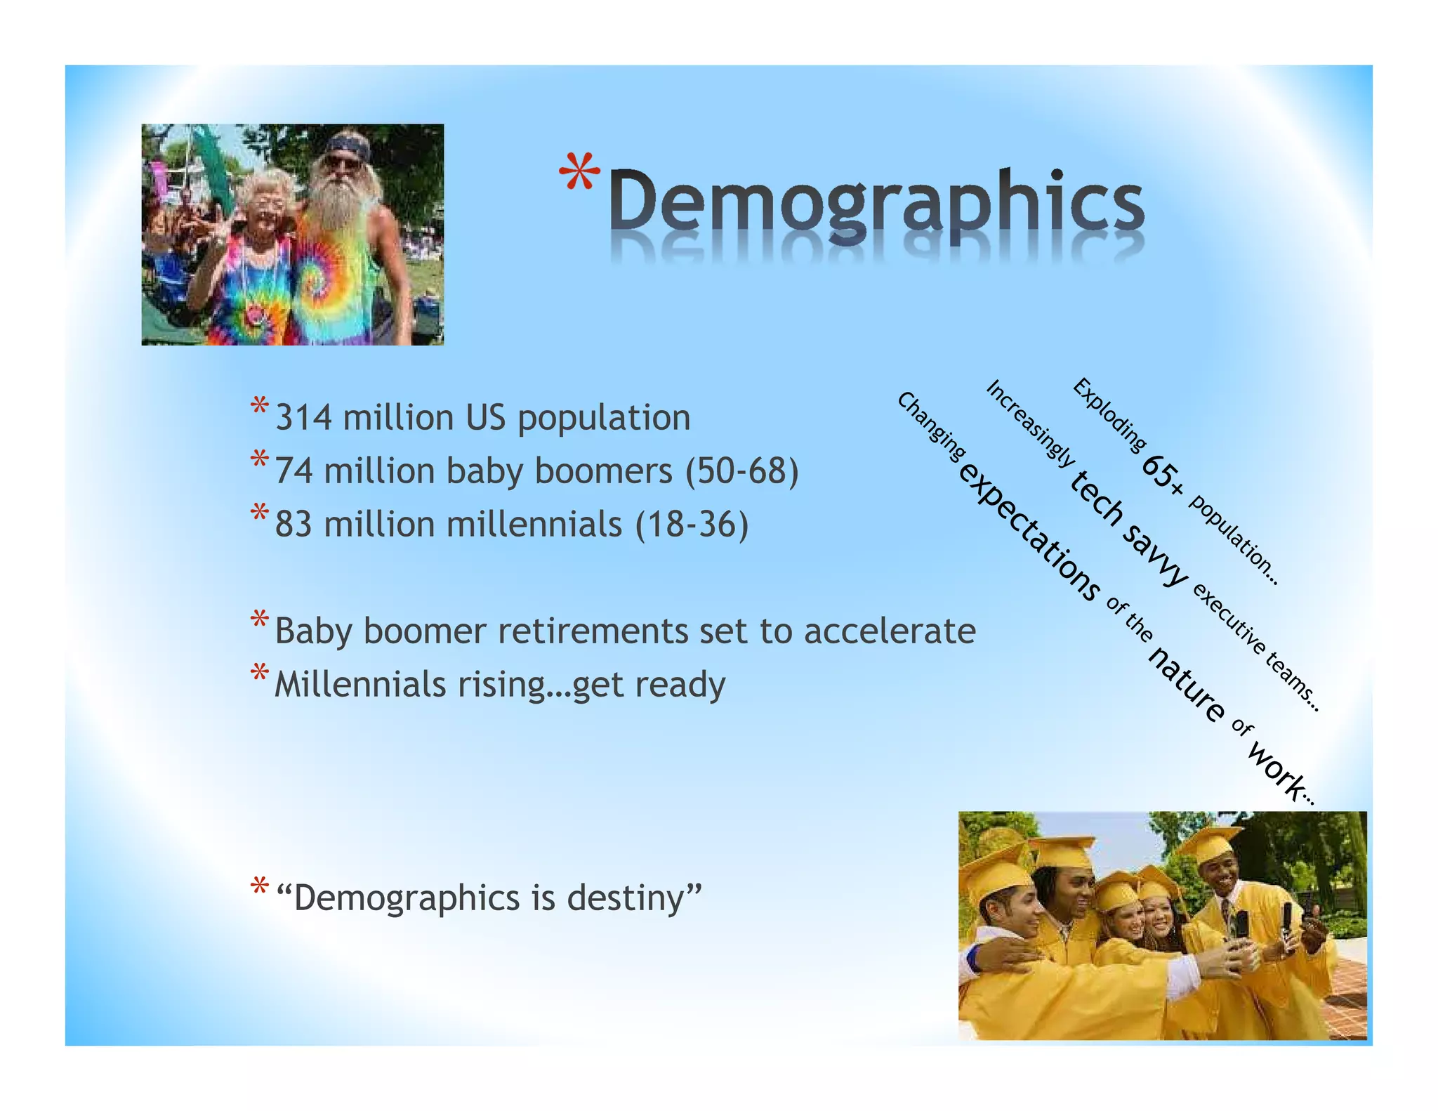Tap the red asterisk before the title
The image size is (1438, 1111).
tap(579, 172)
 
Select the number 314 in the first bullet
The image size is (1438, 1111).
tap(303, 418)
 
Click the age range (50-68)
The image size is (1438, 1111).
tap(741, 471)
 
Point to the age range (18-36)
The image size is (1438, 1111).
tap(692, 525)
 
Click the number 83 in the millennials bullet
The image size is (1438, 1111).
tap(293, 525)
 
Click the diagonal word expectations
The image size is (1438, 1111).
tap(1029, 532)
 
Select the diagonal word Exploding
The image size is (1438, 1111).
tap(1109, 414)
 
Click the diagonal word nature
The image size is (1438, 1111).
tap(1187, 685)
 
